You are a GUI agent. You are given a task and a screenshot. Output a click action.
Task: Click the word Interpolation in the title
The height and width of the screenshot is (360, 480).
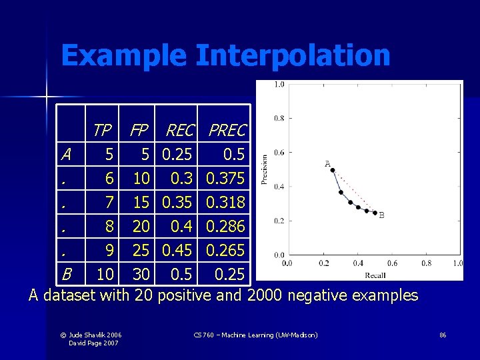point(293,55)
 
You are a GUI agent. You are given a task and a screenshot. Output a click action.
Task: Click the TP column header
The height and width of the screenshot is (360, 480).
point(102,130)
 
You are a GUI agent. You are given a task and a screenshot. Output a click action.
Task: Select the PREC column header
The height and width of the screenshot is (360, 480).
point(227,130)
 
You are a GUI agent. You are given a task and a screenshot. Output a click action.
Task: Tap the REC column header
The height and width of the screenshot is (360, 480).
point(179,130)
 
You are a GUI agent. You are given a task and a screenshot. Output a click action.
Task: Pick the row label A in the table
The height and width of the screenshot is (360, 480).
point(65,155)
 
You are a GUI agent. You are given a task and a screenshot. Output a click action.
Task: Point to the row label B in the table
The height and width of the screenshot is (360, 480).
point(66,274)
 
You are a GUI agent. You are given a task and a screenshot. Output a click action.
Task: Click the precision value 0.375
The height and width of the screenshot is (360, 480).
point(225,179)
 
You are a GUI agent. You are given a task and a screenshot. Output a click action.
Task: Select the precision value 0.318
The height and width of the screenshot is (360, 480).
point(225,203)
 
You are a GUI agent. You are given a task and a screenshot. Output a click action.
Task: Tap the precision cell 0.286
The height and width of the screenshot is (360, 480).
point(225,227)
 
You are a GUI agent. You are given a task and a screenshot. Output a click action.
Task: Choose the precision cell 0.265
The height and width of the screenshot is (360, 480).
point(225,251)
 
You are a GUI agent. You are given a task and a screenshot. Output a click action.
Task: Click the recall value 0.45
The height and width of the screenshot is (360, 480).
point(177,251)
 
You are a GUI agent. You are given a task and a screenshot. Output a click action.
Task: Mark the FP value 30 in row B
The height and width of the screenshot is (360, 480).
point(141,274)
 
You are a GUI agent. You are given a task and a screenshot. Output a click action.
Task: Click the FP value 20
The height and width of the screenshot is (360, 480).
point(141,227)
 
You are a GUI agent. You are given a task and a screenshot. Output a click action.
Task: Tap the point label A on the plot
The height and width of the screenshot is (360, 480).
point(327,163)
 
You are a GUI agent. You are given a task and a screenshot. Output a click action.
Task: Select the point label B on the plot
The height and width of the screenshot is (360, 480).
point(381,215)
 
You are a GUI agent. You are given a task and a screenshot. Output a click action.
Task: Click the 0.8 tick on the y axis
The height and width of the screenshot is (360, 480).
point(279,118)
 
